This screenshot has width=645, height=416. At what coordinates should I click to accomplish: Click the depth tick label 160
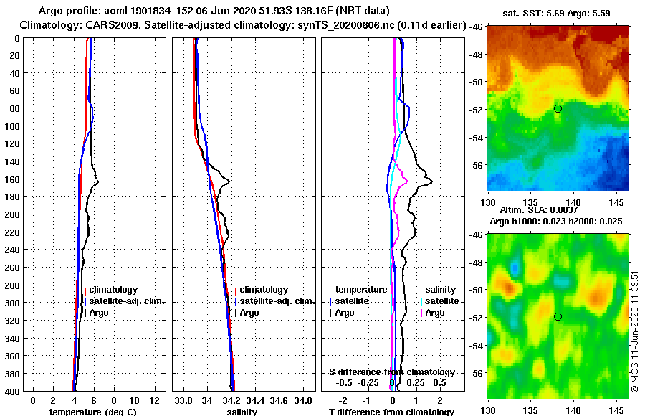12,179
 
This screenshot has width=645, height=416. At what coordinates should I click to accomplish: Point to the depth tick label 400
12,391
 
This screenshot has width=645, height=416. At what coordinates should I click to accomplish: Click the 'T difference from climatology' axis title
391,412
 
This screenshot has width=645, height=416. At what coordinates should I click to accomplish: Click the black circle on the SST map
558,108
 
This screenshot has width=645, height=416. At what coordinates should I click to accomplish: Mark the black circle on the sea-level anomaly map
558,316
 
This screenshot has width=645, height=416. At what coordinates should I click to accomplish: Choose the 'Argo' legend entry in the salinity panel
249,313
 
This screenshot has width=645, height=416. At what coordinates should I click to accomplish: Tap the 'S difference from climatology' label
391,372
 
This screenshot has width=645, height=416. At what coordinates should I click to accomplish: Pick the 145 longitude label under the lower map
613,411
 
